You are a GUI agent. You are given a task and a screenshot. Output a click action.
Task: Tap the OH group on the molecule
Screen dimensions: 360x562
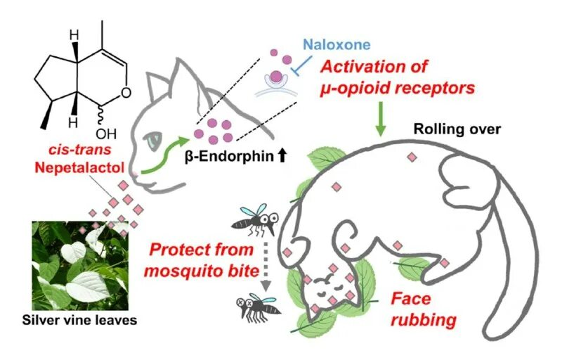click(105, 131)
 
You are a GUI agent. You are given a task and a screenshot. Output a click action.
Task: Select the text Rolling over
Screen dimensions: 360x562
click(457, 129)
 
